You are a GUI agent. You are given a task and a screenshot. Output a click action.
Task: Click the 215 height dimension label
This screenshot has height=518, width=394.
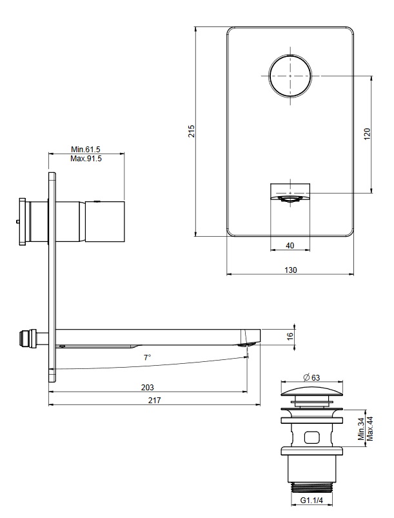click(192, 131)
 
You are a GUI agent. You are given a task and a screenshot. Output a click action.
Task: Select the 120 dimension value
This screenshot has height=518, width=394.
click(368, 134)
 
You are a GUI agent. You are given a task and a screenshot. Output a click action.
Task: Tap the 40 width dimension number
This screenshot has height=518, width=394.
click(290, 246)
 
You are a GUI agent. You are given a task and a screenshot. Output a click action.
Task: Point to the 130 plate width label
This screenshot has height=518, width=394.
click(291, 270)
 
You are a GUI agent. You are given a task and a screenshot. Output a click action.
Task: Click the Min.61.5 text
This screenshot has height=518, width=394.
click(86, 150)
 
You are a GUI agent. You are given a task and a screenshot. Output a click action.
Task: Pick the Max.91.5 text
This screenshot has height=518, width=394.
click(86, 159)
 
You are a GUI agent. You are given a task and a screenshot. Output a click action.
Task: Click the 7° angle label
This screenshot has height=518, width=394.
click(147, 357)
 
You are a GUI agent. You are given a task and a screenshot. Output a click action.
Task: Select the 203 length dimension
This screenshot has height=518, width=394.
click(147, 387)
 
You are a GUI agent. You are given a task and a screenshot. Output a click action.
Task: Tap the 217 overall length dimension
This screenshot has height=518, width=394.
click(154, 401)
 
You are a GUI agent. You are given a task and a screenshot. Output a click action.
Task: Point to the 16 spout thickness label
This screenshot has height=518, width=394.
click(290, 336)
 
